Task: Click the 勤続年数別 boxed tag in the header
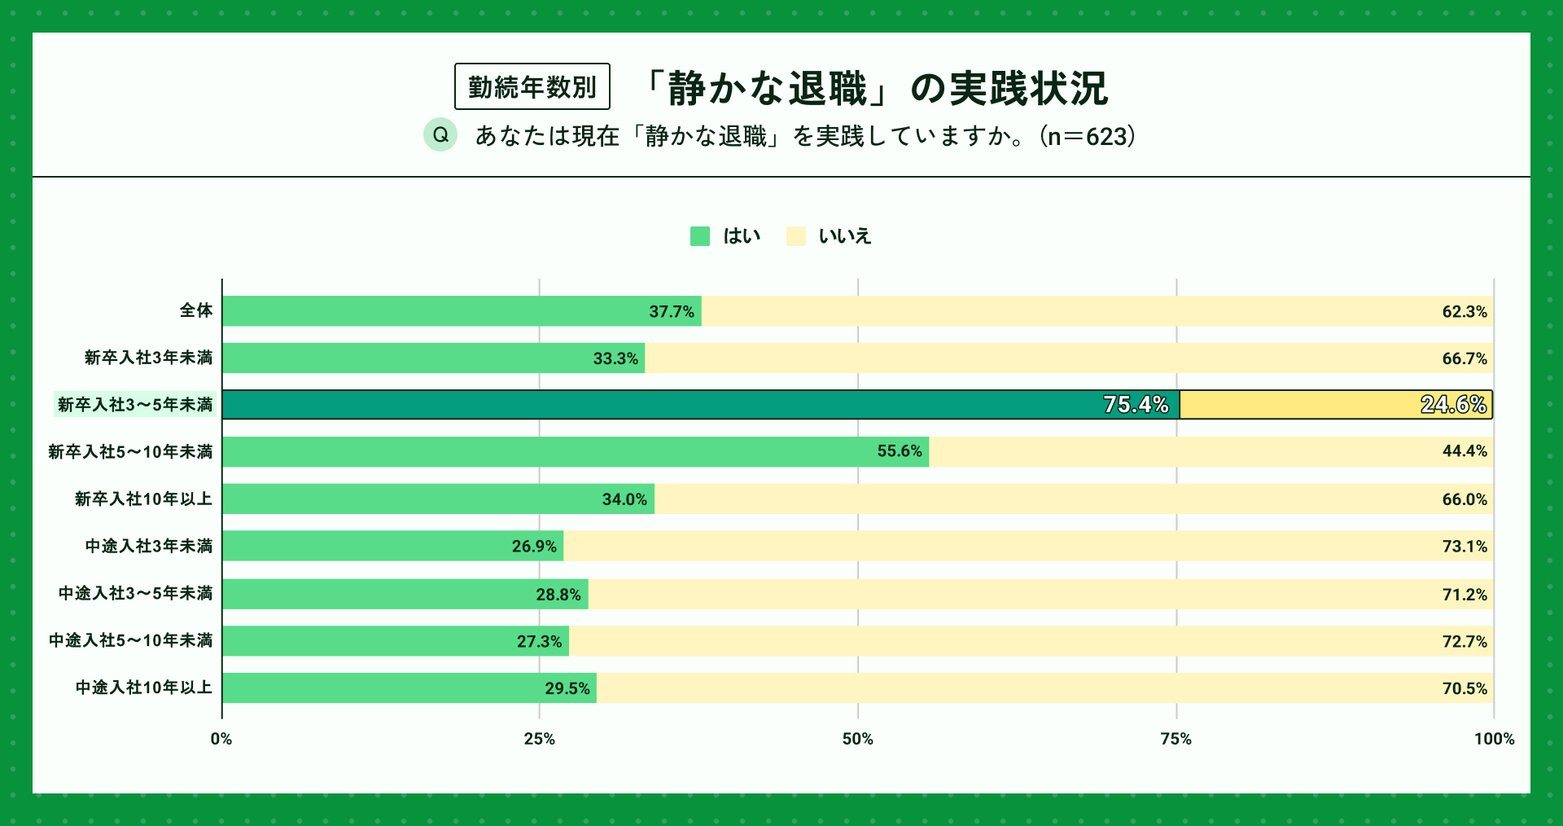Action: click(532, 86)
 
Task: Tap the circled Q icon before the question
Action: click(440, 134)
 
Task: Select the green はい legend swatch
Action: click(700, 236)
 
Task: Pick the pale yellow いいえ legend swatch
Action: click(795, 236)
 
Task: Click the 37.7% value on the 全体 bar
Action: click(672, 312)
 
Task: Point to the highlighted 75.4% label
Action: click(1136, 405)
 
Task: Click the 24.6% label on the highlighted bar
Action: click(1453, 405)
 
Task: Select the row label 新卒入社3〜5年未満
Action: click(135, 405)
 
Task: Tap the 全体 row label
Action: click(196, 310)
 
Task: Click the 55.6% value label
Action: click(900, 451)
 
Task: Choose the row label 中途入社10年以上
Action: click(144, 688)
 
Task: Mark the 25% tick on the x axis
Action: click(539, 739)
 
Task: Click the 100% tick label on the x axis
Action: click(1494, 739)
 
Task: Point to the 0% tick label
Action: click(221, 739)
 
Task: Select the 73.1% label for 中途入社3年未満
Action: click(1464, 547)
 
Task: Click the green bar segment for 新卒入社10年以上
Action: click(407, 499)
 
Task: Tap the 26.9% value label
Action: click(534, 547)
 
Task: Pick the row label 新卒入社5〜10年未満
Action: click(130, 451)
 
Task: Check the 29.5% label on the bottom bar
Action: click(567, 688)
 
